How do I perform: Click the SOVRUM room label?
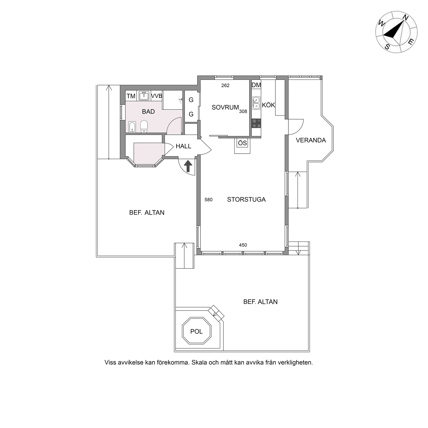pos(225,108)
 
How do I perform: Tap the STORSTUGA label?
pos(246,199)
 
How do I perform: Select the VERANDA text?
pos(311,140)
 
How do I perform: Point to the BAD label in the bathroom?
pos(148,112)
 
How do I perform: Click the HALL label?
pos(183,146)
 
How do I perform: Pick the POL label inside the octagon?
pos(196,331)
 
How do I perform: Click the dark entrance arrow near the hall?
pos(188,166)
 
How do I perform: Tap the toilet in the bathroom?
pos(144,127)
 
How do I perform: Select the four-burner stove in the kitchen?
pos(256,123)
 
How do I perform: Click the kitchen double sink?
pos(256,103)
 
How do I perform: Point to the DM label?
pos(256,85)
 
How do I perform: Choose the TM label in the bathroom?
pos(131,96)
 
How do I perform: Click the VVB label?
pos(156,96)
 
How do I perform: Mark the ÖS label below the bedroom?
pos(242,143)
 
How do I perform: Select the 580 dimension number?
pos(208,200)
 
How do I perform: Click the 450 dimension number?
pos(243,245)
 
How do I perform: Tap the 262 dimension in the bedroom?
pos(225,86)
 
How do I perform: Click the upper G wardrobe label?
pos(191,100)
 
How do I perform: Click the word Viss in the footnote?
pos(110,363)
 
